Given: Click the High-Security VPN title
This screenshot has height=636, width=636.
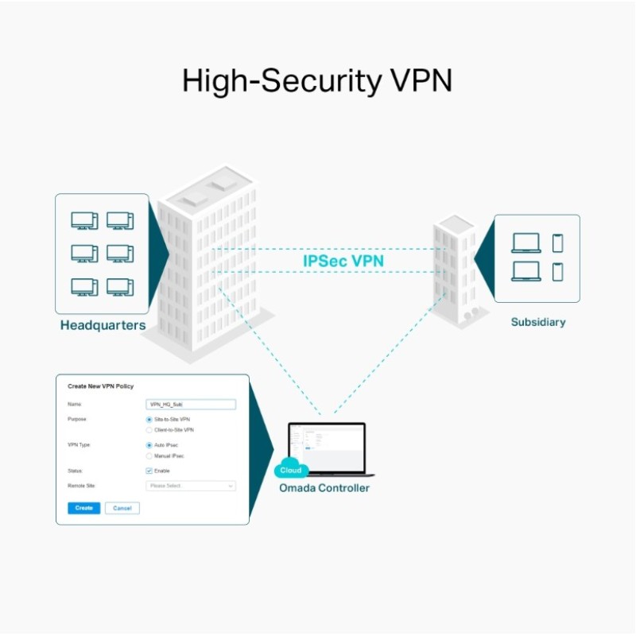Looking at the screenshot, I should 318,82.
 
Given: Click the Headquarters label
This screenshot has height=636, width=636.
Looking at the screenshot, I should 103,325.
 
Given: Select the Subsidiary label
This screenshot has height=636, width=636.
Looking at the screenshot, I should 538,322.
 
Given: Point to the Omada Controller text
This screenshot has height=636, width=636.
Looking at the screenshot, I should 324,487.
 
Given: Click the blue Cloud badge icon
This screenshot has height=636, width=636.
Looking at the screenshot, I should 291,469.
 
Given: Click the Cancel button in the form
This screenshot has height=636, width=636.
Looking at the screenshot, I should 122,508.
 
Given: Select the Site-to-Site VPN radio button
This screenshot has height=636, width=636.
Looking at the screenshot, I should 149,419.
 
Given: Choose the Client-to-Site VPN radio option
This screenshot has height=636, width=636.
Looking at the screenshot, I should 149,429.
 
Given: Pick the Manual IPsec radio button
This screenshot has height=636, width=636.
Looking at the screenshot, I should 149,456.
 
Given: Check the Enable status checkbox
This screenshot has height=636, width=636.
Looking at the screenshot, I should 149,471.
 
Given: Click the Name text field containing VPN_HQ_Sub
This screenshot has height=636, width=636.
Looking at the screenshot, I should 191,404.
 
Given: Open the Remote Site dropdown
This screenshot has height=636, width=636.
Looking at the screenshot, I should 191,485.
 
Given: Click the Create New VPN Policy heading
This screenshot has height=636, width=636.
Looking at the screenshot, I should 100,386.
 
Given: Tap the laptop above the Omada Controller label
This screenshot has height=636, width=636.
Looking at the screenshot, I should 326,447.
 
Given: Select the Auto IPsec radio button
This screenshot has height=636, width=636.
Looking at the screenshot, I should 149,445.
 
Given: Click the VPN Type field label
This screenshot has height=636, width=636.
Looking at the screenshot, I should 79,445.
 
